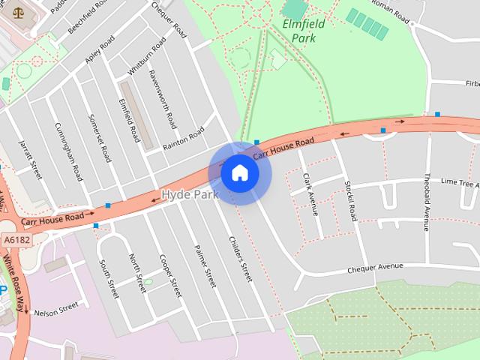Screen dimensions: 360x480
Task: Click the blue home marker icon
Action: click(x=240, y=173)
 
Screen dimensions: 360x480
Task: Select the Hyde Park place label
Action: click(x=190, y=195)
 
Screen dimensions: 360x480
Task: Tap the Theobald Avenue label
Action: click(x=425, y=202)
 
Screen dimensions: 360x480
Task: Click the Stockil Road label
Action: click(x=349, y=199)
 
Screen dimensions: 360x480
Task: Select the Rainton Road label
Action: click(x=184, y=139)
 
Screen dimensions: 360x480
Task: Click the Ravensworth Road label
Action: click(x=163, y=100)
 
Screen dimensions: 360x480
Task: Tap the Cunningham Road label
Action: click(x=67, y=151)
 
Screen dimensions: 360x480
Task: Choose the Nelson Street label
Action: click(x=56, y=307)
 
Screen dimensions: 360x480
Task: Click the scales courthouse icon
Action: click(x=19, y=13)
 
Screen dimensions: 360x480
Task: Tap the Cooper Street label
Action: click(x=171, y=275)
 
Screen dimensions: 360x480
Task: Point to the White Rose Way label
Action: click(x=13, y=281)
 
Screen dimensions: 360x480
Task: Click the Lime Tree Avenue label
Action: click(x=459, y=182)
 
